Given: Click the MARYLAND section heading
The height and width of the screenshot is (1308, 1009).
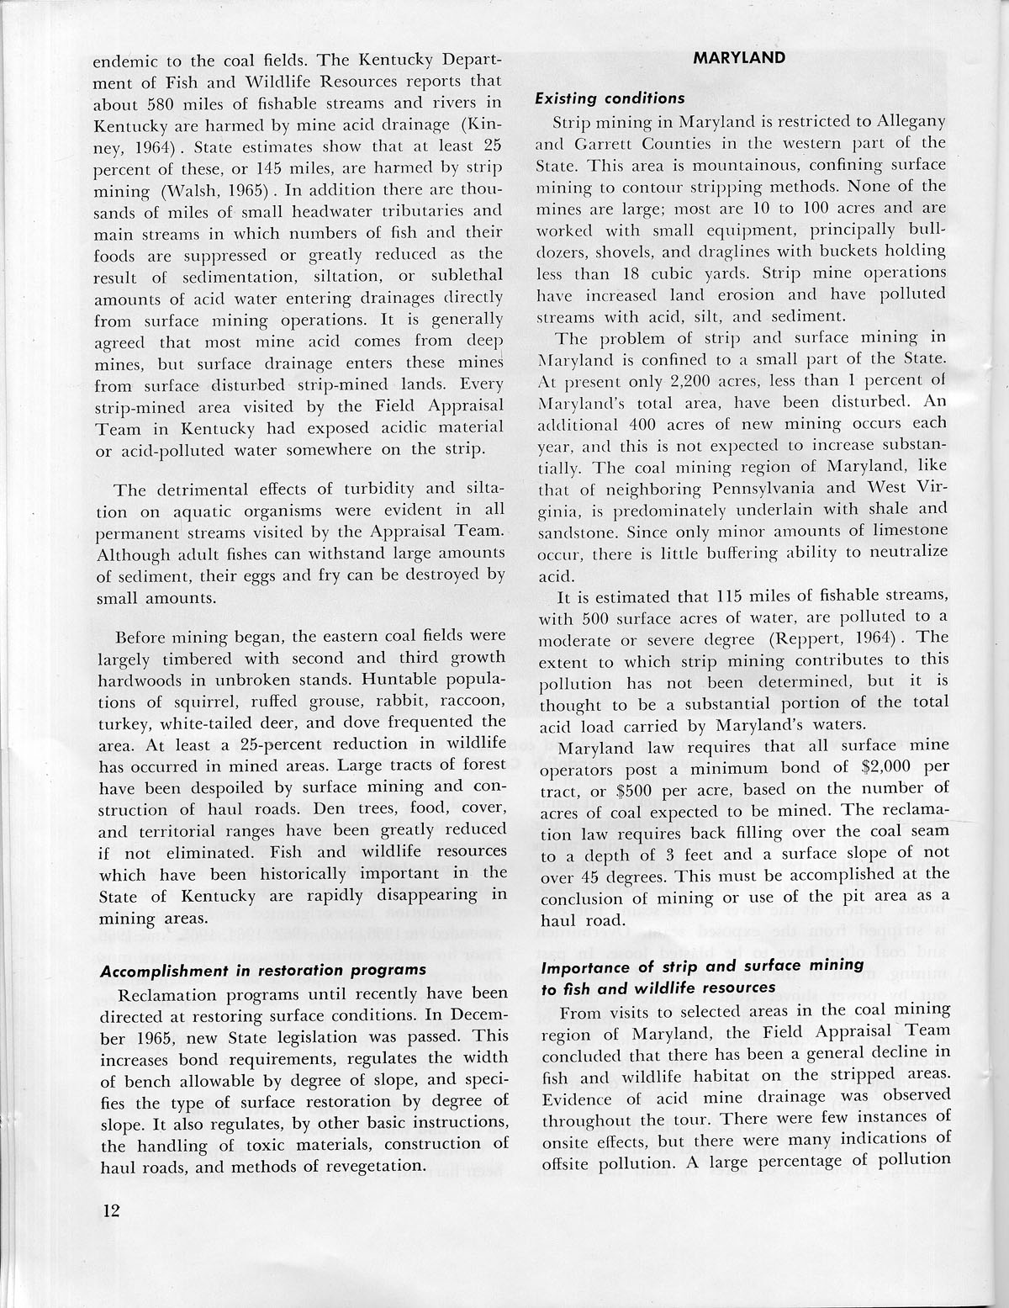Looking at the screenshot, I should [x=739, y=58].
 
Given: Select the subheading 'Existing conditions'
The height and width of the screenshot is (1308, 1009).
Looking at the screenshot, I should [x=610, y=99].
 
